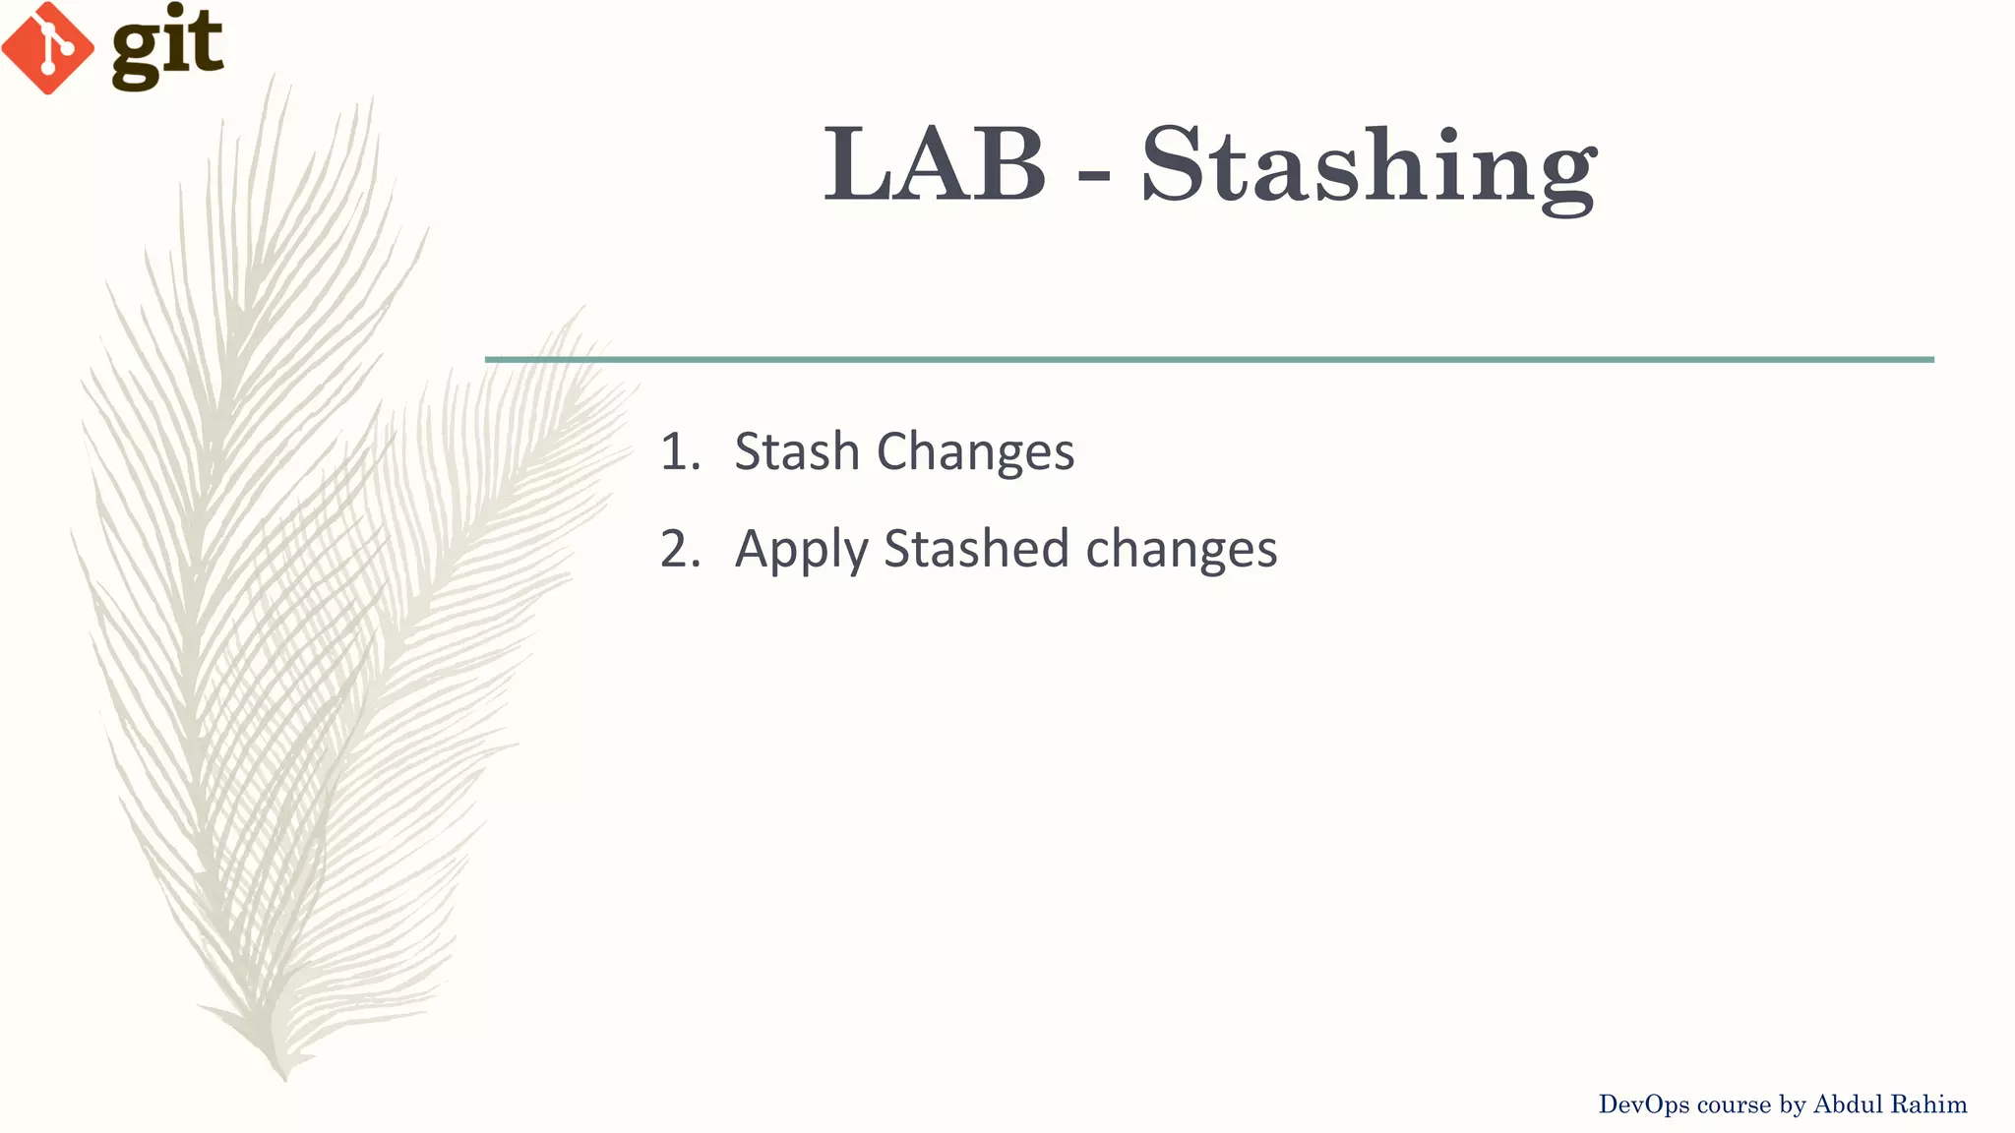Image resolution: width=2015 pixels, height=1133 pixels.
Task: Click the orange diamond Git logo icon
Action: pyautogui.click(x=47, y=47)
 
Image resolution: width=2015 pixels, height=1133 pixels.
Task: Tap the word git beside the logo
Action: pyautogui.click(x=167, y=44)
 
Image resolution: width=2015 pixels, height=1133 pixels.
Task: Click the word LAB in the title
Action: pyautogui.click(x=935, y=164)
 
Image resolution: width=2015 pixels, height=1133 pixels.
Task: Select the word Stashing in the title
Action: pyautogui.click(x=1369, y=167)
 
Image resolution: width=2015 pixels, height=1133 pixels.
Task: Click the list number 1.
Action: pyautogui.click(x=680, y=451)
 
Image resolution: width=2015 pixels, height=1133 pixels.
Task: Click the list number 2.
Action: pyautogui.click(x=680, y=549)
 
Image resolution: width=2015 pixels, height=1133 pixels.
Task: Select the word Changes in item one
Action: pyautogui.click(x=975, y=453)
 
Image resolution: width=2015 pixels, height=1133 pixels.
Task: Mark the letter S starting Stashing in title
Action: pyautogui.click(x=1177, y=164)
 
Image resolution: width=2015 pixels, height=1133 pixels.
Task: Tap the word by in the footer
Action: pyautogui.click(x=1793, y=1105)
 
